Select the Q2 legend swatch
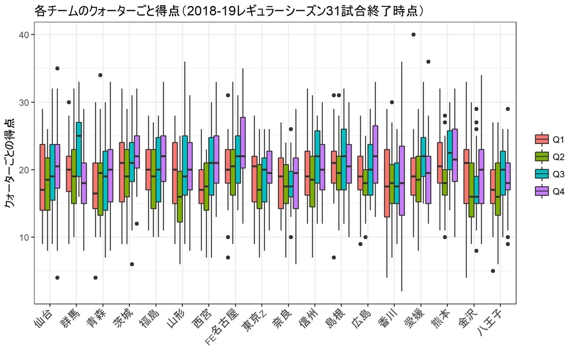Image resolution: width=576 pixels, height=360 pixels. click(x=542, y=156)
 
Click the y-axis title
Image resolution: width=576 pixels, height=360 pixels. click(x=10, y=163)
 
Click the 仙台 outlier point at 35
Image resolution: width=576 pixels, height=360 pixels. click(x=57, y=69)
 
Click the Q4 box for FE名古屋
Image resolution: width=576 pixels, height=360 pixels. click(x=242, y=142)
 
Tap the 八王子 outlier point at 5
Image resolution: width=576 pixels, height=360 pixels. click(x=493, y=271)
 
